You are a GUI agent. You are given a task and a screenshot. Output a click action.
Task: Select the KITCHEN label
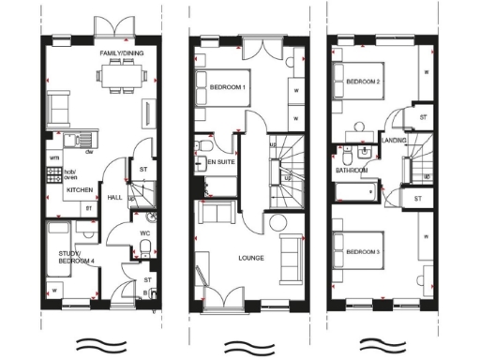click(x=78, y=189)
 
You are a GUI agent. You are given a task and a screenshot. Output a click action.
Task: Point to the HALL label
click(x=114, y=199)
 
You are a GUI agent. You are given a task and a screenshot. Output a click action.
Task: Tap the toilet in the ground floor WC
click(x=141, y=246)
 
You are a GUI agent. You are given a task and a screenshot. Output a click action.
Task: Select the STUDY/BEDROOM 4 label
click(x=76, y=258)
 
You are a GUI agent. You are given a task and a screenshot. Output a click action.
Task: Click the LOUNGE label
click(x=250, y=258)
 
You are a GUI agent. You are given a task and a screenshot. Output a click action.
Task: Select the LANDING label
click(x=394, y=141)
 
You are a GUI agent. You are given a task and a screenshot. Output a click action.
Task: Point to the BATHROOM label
click(x=352, y=171)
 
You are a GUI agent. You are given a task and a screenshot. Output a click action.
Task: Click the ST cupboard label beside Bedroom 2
click(x=423, y=117)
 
